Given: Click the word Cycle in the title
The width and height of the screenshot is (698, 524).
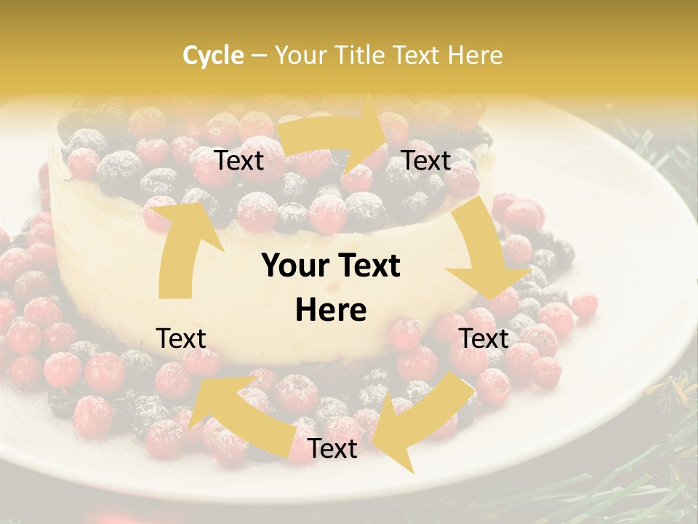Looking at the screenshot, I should point(213,55).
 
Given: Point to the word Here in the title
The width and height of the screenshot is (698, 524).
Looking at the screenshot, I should point(475,55).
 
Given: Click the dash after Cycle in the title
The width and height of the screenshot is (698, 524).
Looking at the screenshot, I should point(259,55).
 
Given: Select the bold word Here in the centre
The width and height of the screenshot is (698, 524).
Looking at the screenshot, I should point(331,310).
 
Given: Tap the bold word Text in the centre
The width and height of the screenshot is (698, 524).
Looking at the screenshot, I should point(367,266).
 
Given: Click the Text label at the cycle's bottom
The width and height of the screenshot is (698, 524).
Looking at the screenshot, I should point(332,449).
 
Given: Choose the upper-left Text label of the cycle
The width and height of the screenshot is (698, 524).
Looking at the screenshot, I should point(239,160).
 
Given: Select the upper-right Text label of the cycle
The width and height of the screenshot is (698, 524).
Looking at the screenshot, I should point(426,160).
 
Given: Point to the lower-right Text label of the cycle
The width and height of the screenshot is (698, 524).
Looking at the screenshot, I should point(484,338).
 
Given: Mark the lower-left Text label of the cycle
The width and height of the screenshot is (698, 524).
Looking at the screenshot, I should point(181,338).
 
